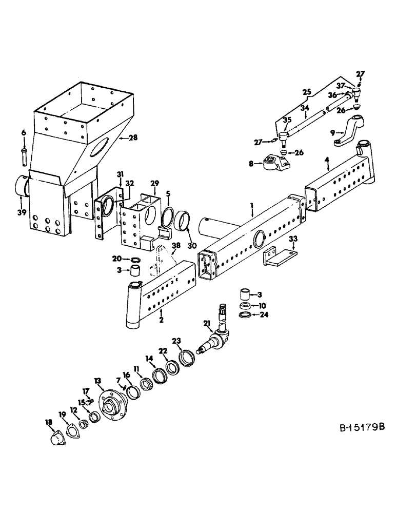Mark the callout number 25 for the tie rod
(307, 92)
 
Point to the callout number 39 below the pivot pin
(21, 211)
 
